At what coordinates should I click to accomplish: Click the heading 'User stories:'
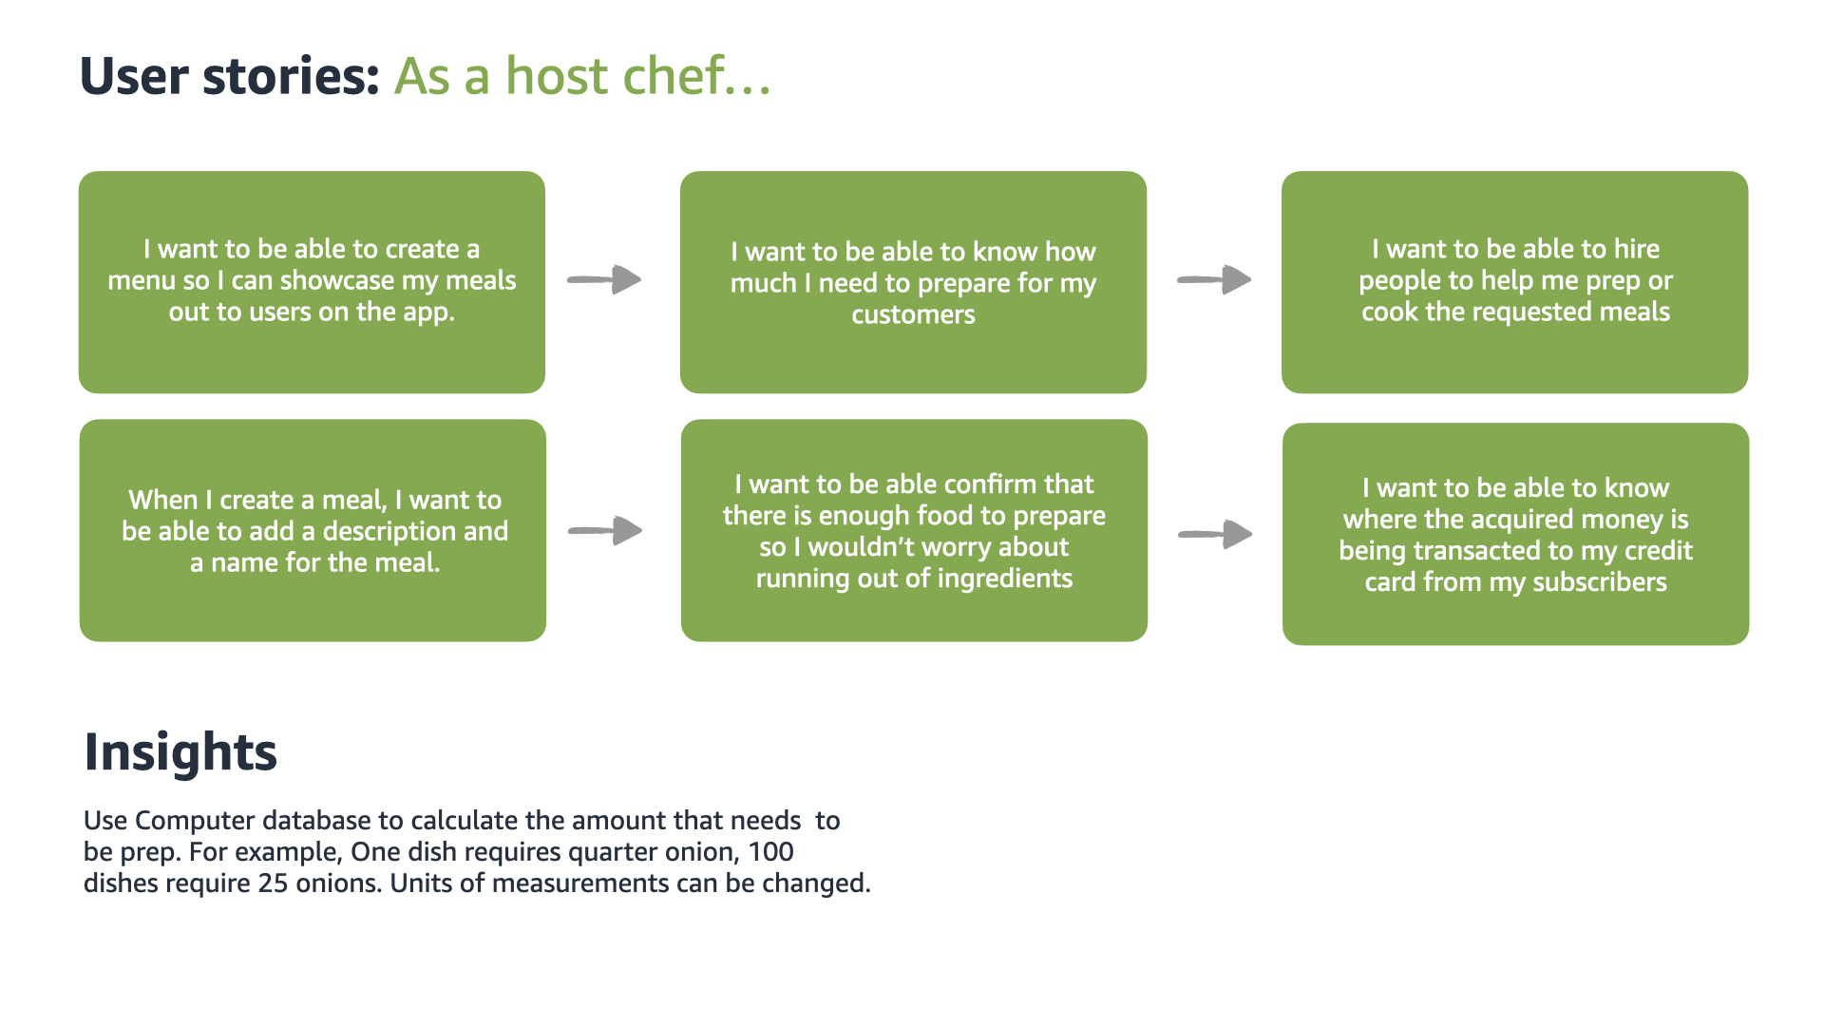pyautogui.click(x=229, y=76)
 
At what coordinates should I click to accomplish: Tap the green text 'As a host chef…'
pyautogui.click(x=581, y=76)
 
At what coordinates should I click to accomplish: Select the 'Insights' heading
pyautogui.click(x=180, y=751)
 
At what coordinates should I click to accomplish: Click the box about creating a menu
pyautogui.click(x=312, y=282)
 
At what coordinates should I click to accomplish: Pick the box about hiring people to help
pyautogui.click(x=1514, y=282)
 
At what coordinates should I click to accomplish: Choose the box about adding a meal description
pyautogui.click(x=313, y=530)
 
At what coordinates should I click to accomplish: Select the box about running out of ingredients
pyautogui.click(x=914, y=530)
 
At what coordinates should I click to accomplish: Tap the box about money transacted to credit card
pyautogui.click(x=1515, y=534)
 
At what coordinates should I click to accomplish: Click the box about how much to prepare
pyautogui.click(x=913, y=282)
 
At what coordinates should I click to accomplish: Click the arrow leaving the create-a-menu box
pyautogui.click(x=604, y=279)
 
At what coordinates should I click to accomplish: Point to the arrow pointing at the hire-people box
pyautogui.click(x=1214, y=279)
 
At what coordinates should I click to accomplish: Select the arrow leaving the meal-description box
pyautogui.click(x=605, y=530)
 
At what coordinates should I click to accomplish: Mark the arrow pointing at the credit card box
pyautogui.click(x=1215, y=534)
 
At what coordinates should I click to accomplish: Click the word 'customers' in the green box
pyautogui.click(x=913, y=314)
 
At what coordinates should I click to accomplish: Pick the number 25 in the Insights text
pyautogui.click(x=273, y=883)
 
